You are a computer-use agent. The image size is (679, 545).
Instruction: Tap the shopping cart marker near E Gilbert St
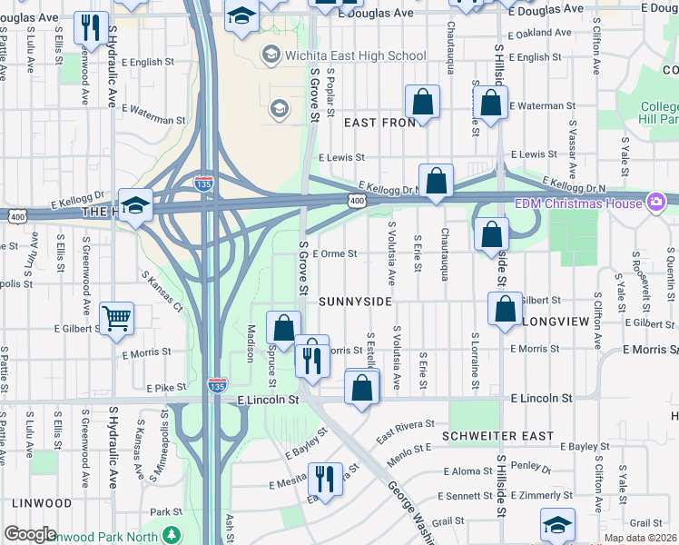116,318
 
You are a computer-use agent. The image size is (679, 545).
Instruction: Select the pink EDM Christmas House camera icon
654,202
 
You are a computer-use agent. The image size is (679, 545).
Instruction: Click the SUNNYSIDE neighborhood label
354,301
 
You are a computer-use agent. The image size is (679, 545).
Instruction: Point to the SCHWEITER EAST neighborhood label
497,436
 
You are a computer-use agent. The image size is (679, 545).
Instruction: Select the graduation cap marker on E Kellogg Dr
136,205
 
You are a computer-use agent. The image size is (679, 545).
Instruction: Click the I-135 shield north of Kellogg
204,183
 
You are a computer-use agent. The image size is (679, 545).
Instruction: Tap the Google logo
30,534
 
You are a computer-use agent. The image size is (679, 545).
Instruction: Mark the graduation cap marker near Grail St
556,524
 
